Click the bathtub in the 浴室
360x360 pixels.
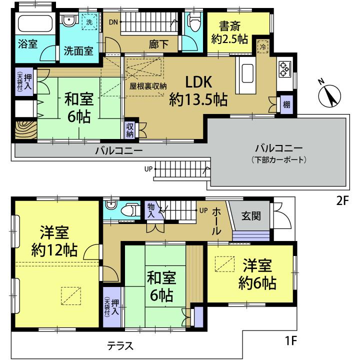pyautogui.click(x=34, y=23)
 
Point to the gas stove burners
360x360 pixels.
pyautogui.click(x=284, y=69)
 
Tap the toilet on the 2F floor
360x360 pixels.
pyautogui.click(x=193, y=20)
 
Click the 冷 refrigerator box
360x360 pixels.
pyautogui.click(x=262, y=45)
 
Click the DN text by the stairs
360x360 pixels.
pyautogui.click(x=113, y=21)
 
